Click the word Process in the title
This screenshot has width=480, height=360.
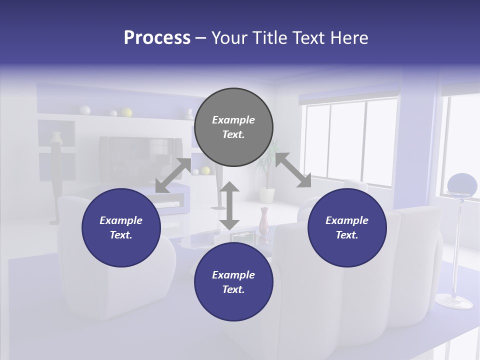[x=157, y=37]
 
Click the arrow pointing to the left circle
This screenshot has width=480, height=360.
[x=173, y=175]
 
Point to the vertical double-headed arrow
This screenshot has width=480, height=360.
[x=229, y=205]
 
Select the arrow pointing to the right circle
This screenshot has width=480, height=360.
[x=293, y=170]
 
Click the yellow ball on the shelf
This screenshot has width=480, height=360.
[x=127, y=112]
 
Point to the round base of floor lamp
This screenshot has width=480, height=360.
[x=454, y=301]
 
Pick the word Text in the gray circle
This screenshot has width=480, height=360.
[x=233, y=134]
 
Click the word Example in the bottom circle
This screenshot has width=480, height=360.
[x=233, y=275]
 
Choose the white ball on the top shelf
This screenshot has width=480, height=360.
[x=85, y=110]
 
